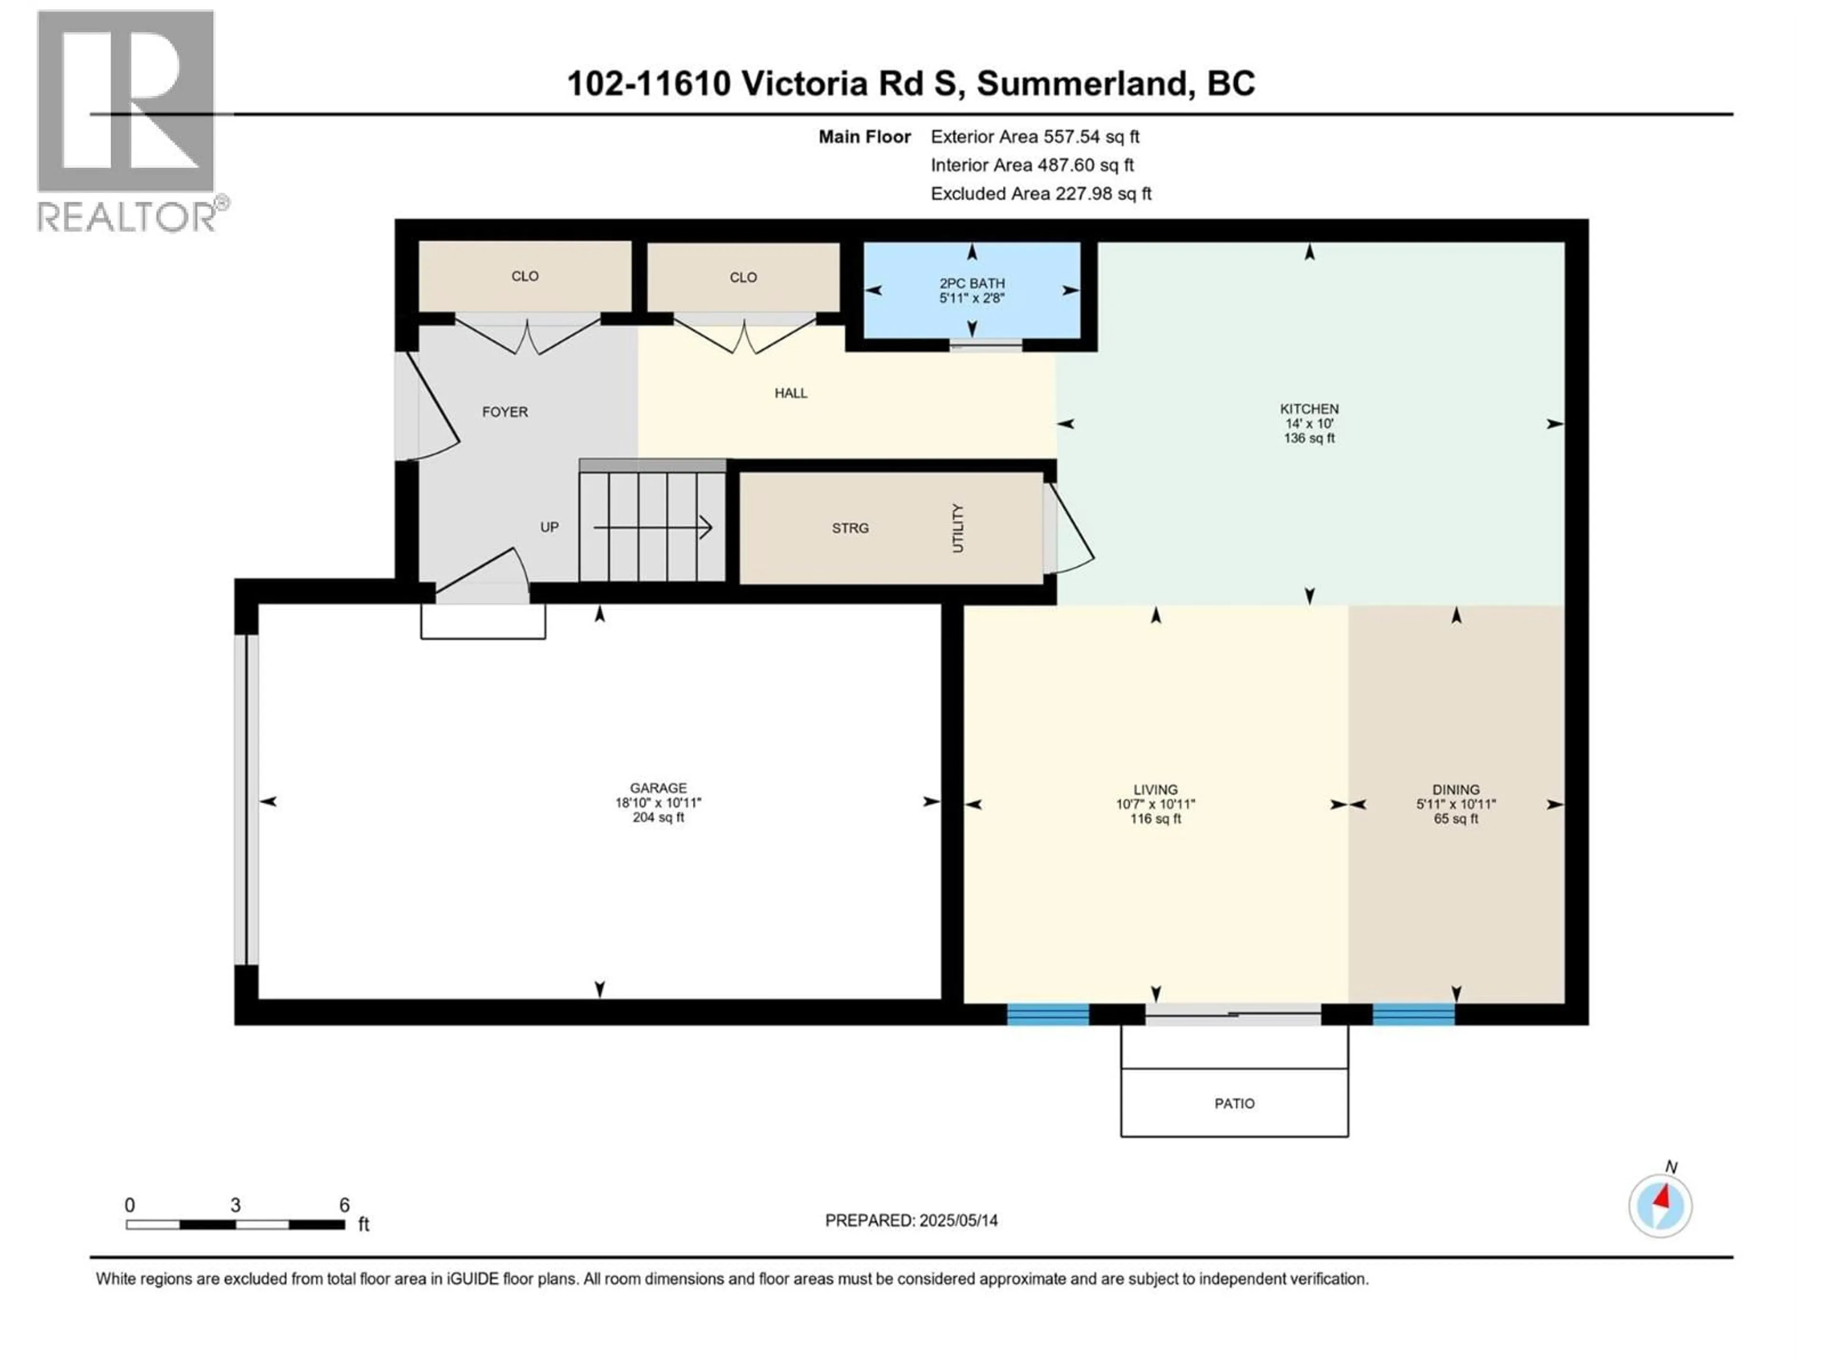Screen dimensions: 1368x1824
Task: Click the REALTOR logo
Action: [x=128, y=120]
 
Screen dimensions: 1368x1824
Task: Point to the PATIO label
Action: [x=1234, y=1103]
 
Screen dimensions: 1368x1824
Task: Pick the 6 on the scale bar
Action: [x=345, y=1205]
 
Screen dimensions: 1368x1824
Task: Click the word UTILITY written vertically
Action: [x=957, y=528]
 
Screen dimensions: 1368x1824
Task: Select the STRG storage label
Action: [x=850, y=528]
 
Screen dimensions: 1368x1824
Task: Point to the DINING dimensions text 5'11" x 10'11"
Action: [x=1455, y=804]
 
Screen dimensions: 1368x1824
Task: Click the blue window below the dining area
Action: [x=1413, y=1014]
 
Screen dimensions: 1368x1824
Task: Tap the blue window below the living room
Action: [x=1047, y=1014]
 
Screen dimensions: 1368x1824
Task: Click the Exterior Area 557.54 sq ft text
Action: [x=1035, y=137]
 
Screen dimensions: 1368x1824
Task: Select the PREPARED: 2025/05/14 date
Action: [x=911, y=1220]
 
